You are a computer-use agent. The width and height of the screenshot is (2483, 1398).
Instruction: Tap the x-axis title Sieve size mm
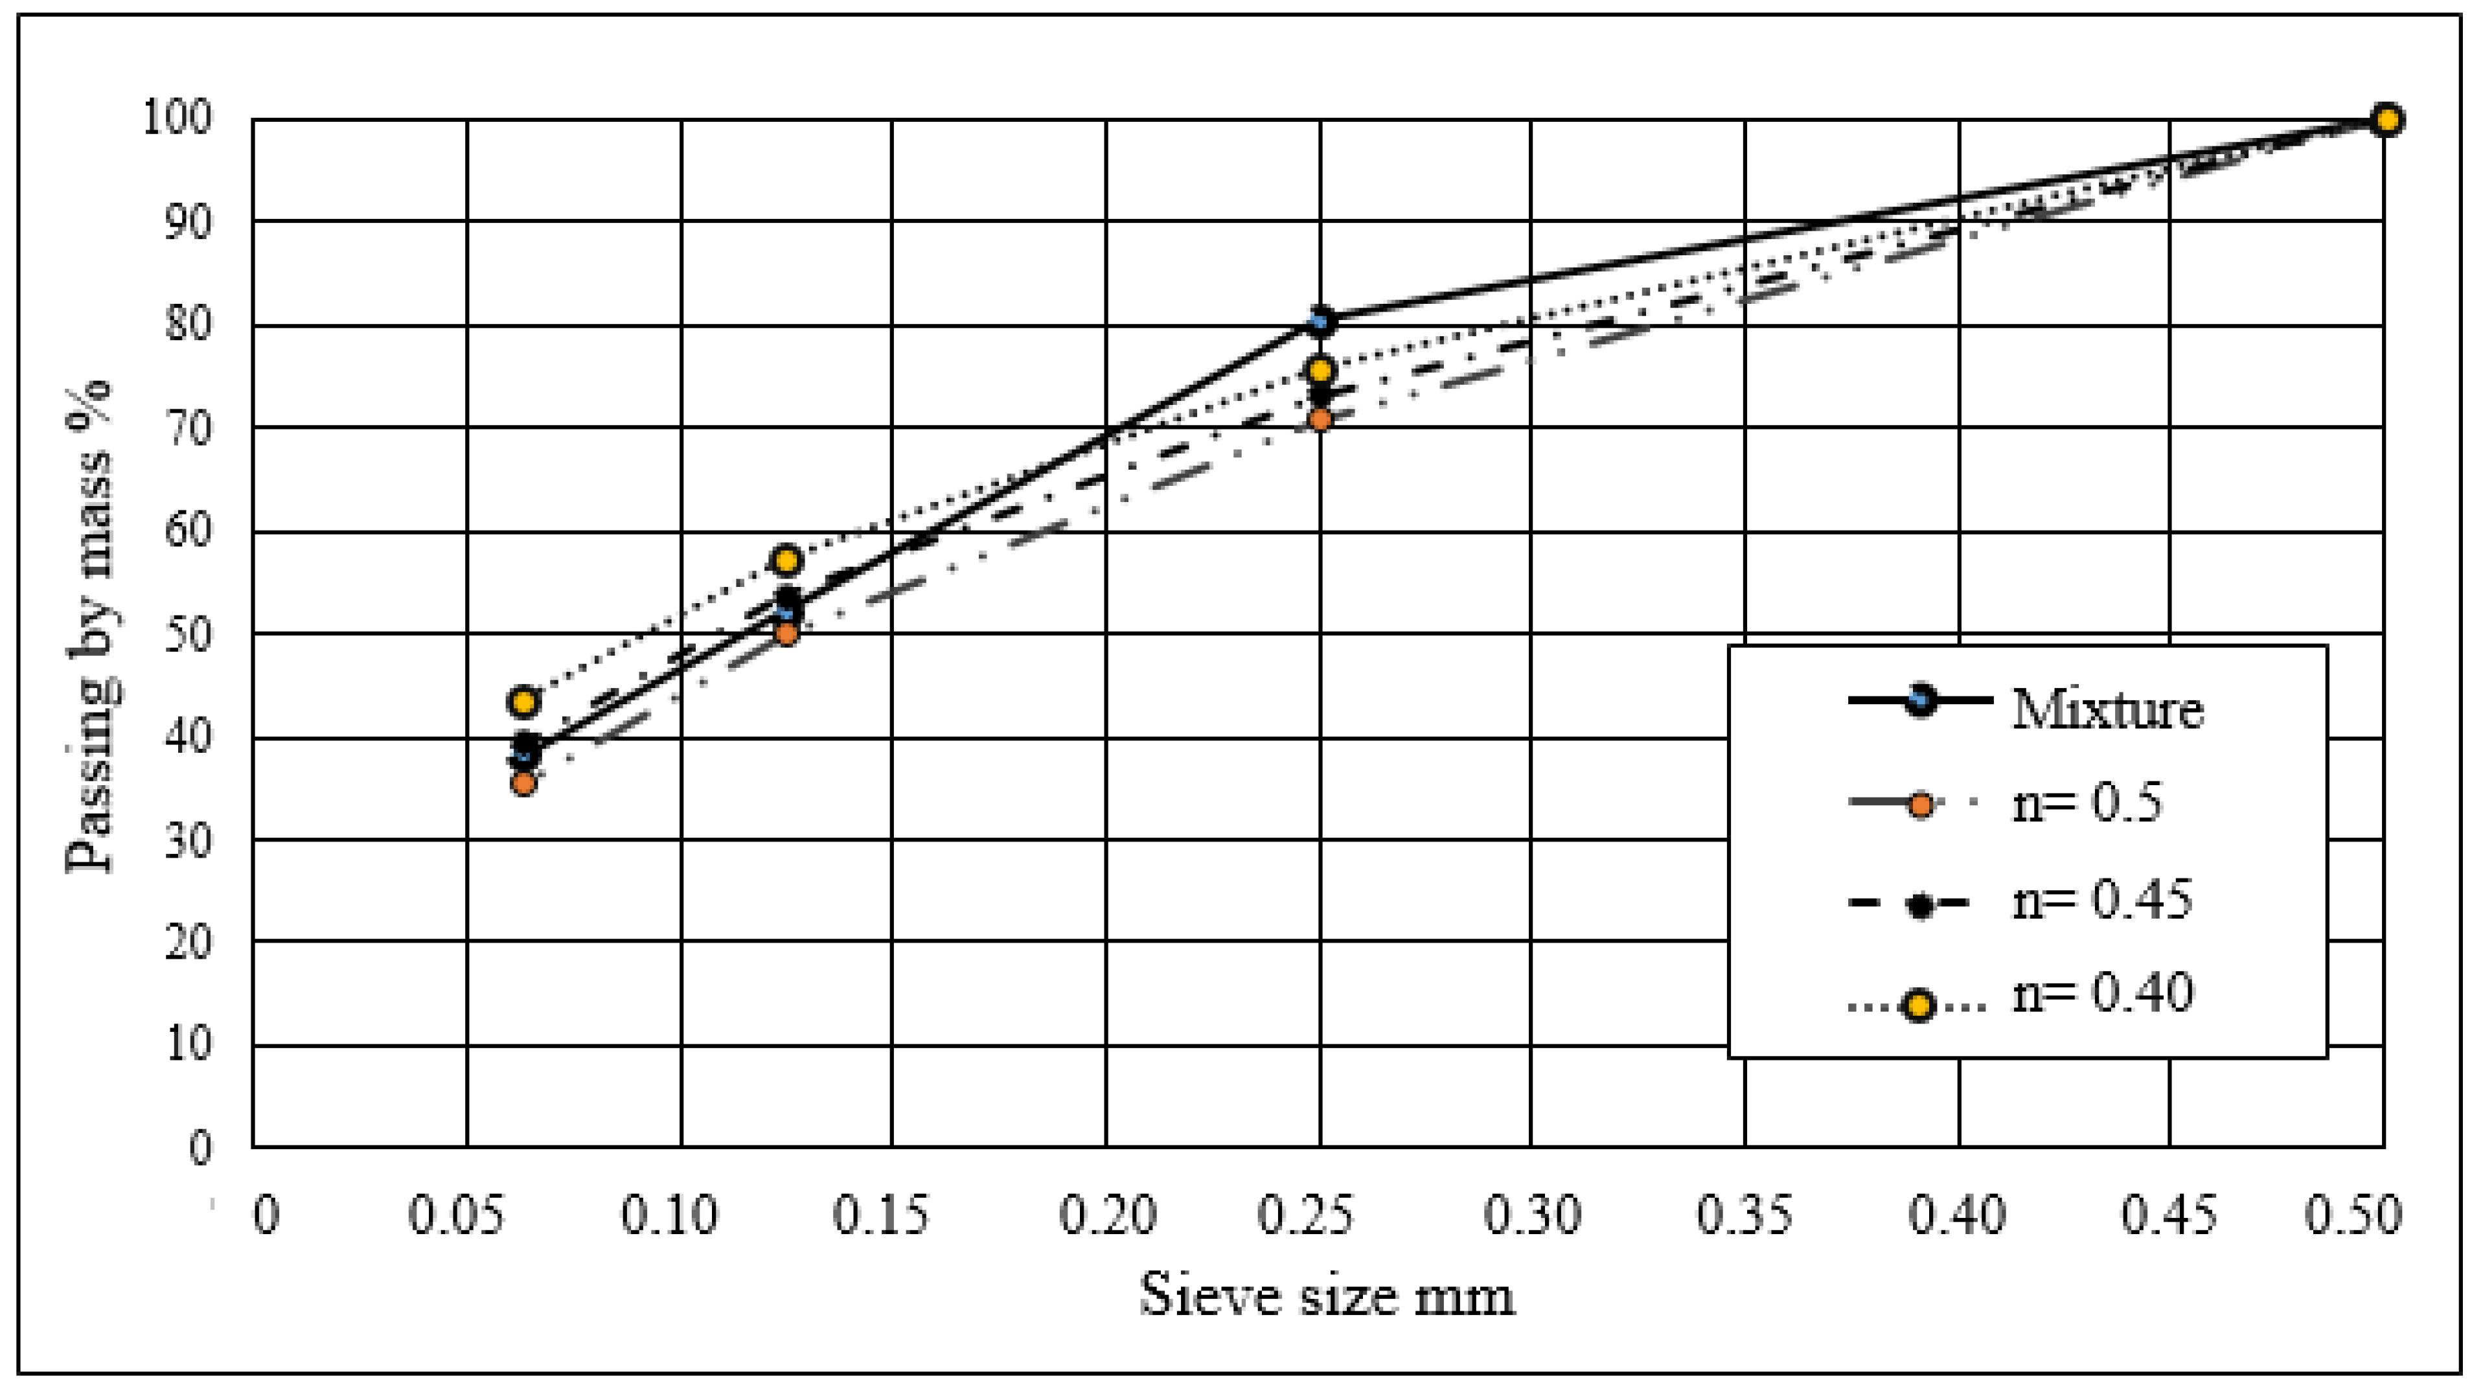coord(1327,1295)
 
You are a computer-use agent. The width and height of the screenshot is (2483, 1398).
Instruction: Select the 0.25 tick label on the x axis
coord(1306,1215)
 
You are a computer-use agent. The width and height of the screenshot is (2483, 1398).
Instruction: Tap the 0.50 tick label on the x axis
coord(2353,1215)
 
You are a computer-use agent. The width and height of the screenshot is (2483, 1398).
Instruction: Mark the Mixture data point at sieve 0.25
coord(1322,320)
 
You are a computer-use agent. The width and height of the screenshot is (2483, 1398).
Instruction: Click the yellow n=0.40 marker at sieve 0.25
coord(1321,370)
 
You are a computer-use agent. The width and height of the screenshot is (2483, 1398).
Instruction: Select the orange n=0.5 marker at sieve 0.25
coord(1321,419)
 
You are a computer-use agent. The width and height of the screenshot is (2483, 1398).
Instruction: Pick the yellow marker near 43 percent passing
coord(523,702)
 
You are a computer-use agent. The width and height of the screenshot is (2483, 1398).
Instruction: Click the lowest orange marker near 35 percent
coord(523,783)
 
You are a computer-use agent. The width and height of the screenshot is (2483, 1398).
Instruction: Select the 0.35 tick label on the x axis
coord(1745,1215)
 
